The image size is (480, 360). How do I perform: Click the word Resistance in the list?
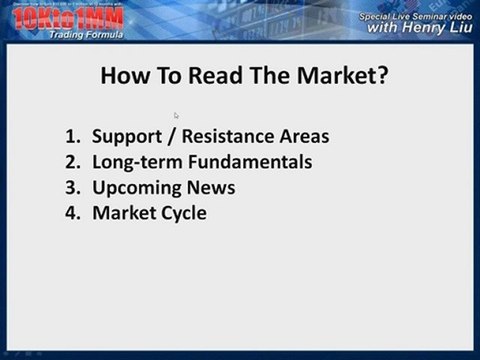(234, 136)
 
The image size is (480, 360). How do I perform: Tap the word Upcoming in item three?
(135, 187)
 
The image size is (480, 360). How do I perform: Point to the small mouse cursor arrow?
(176, 115)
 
